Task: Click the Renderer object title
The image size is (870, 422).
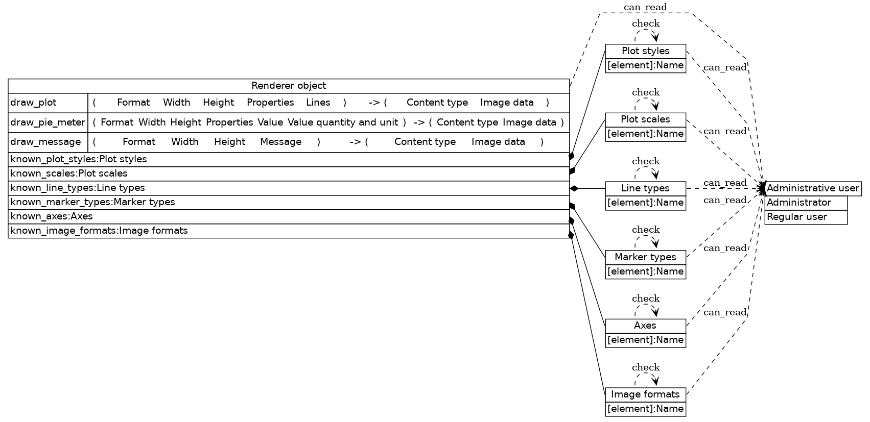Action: [289, 86]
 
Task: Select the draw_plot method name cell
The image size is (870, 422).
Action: [48, 103]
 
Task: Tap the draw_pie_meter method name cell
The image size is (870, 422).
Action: [48, 122]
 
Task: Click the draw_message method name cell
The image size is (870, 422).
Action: [48, 142]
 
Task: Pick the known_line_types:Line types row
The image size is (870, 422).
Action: [289, 188]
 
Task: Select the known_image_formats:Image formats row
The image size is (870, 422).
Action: [289, 231]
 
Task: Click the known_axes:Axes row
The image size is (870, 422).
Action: [289, 216]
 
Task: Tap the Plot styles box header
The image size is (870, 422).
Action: [645, 51]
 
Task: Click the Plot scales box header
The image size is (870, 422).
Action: [645, 119]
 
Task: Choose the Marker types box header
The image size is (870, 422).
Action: [645, 257]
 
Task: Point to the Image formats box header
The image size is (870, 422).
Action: [645, 394]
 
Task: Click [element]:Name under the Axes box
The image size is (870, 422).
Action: [645, 340]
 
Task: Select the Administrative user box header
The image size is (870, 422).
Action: [813, 188]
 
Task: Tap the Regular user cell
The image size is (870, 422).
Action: [806, 217]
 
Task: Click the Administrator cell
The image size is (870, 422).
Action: [806, 203]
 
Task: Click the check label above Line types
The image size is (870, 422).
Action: [646, 161]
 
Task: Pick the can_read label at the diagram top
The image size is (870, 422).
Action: [645, 7]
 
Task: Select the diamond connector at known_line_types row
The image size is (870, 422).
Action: [574, 188]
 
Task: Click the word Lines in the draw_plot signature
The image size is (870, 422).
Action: [318, 103]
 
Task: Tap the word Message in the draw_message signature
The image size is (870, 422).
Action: [280, 142]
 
